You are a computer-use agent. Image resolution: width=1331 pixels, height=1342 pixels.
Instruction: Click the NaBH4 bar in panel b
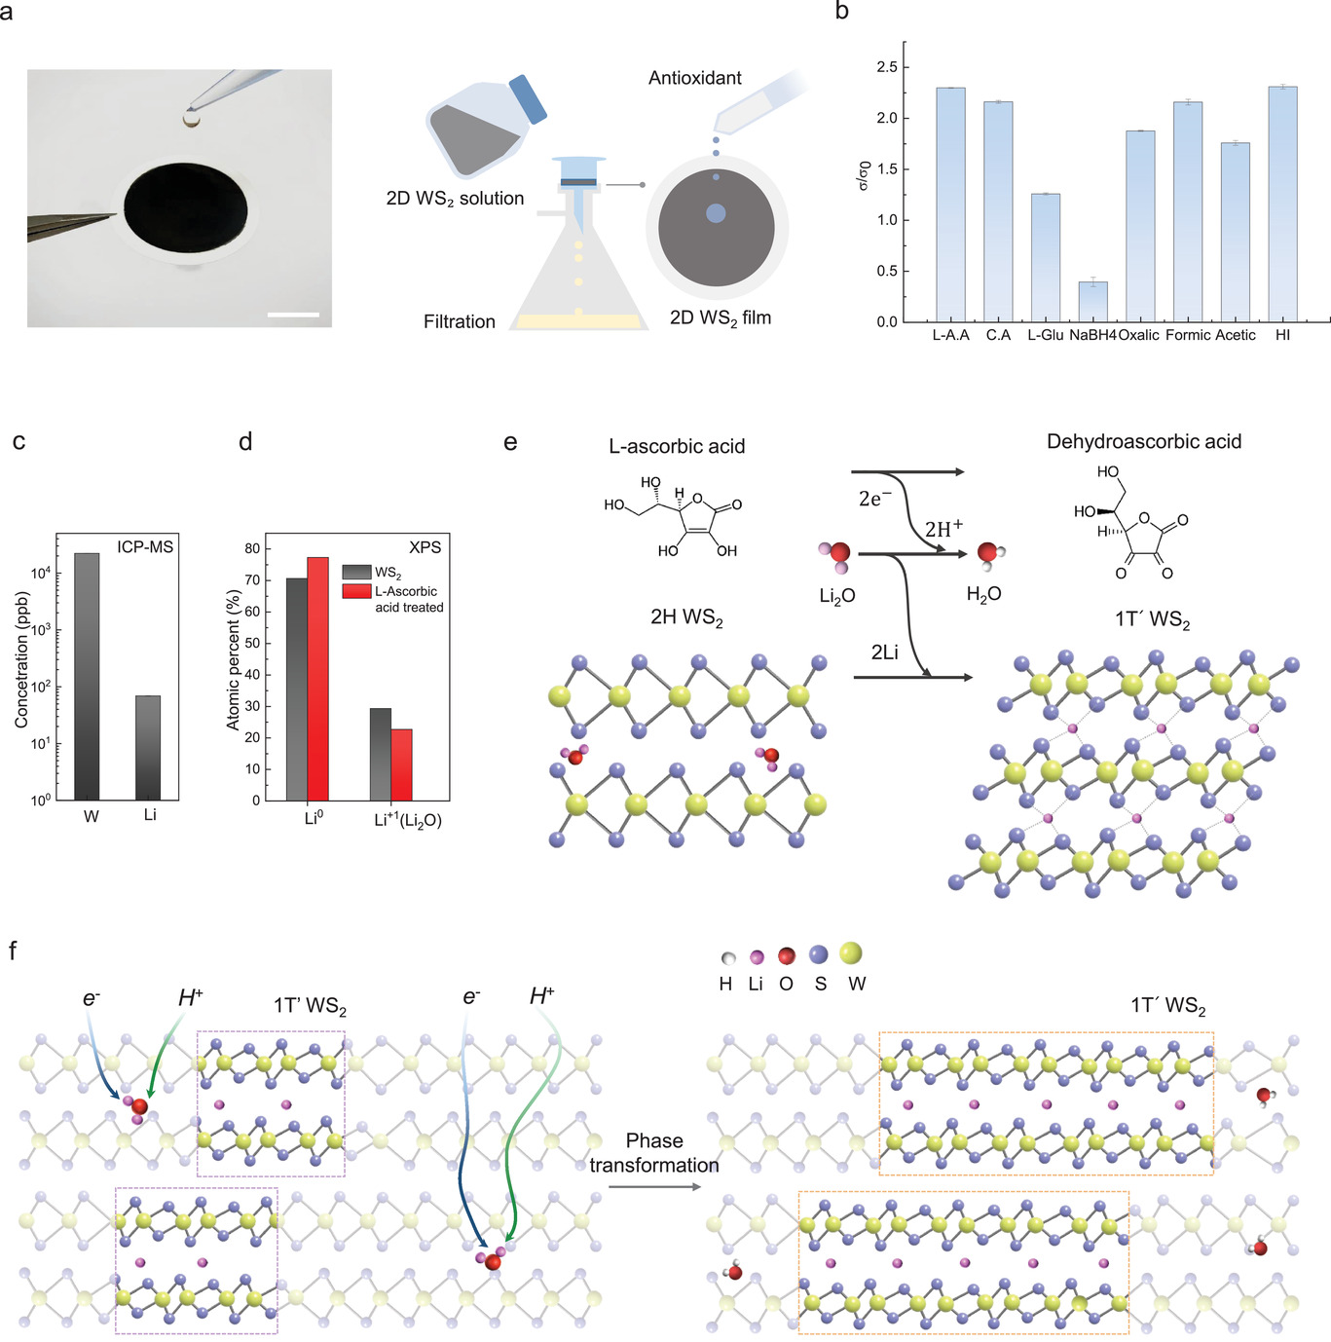point(1092,302)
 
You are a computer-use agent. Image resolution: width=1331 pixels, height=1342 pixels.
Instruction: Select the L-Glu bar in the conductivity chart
point(1046,258)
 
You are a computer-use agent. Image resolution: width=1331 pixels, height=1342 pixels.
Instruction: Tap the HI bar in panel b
point(1282,205)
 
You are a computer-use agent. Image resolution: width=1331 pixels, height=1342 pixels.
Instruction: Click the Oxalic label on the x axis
point(1138,335)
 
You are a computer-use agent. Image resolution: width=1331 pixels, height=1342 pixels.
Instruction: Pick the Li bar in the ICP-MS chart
point(148,748)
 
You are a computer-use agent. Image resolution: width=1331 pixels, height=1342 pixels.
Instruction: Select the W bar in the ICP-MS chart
point(88,677)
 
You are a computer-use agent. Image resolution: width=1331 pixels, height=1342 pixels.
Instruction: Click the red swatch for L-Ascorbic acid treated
point(356,591)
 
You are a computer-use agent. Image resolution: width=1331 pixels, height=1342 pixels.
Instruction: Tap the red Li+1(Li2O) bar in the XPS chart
point(402,764)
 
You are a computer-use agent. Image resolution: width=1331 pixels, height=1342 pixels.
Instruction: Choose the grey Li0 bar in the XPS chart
point(296,690)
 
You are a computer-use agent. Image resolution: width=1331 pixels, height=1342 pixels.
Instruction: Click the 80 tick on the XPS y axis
point(252,548)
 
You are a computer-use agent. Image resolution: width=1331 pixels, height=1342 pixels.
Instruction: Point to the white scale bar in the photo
point(293,315)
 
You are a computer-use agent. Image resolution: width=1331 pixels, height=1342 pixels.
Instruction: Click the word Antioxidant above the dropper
point(694,78)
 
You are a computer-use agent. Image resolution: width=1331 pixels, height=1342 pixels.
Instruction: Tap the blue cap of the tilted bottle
point(528,99)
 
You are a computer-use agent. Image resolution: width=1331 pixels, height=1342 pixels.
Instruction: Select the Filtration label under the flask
point(459,321)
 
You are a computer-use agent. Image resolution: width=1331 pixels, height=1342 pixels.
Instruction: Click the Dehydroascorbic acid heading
point(1143,441)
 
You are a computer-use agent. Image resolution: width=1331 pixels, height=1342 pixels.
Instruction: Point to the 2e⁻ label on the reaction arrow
point(874,499)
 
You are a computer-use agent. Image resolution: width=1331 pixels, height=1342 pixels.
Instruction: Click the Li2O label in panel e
point(836,596)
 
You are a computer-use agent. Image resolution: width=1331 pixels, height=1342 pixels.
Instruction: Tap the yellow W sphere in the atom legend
point(851,953)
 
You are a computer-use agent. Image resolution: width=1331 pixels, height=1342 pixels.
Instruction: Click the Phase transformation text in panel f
point(654,1153)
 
